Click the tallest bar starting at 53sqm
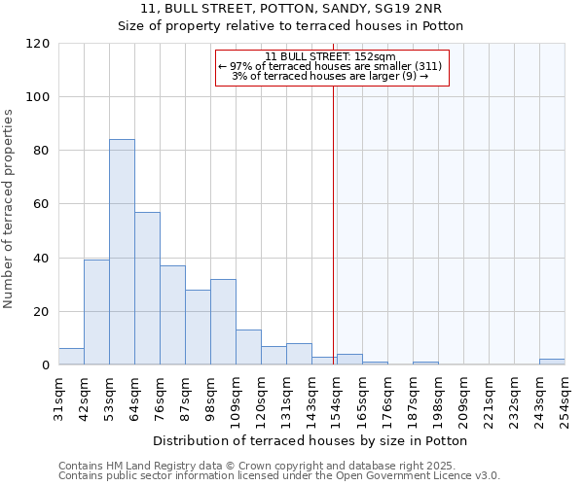point(122,253)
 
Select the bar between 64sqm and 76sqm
point(147,289)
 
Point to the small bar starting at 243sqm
point(552,363)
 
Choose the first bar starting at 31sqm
point(71,357)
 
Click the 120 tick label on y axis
point(39,44)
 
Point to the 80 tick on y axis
point(43,151)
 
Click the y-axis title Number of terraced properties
point(10,209)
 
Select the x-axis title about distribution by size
point(311,440)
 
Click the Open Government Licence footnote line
point(278,475)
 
